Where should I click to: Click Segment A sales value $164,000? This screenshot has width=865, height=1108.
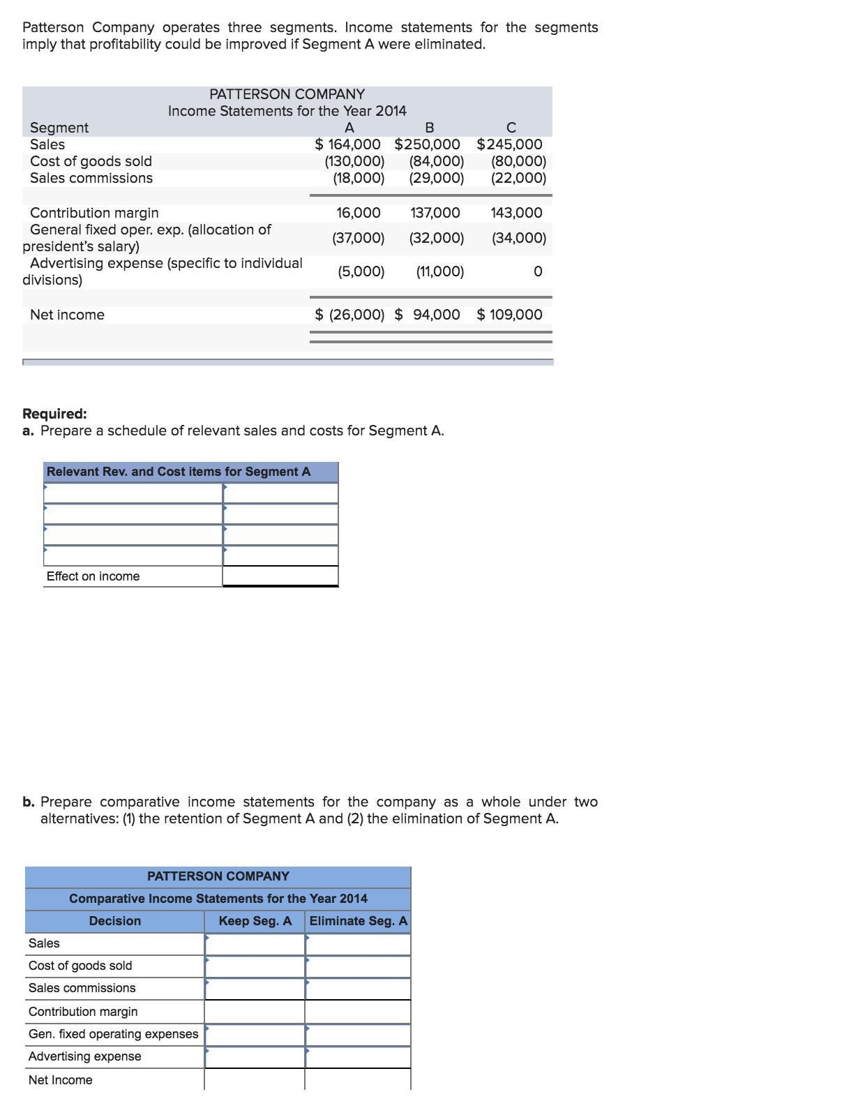pyautogui.click(x=348, y=144)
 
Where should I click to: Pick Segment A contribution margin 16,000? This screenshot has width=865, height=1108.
pyautogui.click(x=359, y=213)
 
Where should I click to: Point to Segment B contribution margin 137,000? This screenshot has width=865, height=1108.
pyautogui.click(x=435, y=213)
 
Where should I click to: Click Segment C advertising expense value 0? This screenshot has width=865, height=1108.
pyautogui.click(x=537, y=271)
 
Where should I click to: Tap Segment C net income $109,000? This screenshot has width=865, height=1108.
pyautogui.click(x=510, y=315)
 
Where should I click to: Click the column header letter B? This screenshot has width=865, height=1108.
pyautogui.click(x=429, y=128)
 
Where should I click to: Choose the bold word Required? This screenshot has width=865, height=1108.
pyautogui.click(x=54, y=414)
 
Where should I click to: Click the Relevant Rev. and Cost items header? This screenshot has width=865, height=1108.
pyautogui.click(x=179, y=472)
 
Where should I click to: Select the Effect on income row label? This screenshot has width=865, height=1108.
pyautogui.click(x=93, y=576)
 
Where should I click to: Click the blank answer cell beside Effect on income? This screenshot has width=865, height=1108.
pyautogui.click(x=280, y=576)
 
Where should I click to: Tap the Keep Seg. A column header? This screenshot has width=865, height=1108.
pyautogui.click(x=255, y=921)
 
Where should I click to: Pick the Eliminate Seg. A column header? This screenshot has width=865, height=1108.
pyautogui.click(x=358, y=921)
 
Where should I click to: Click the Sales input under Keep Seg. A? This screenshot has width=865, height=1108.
pyautogui.click(x=255, y=943)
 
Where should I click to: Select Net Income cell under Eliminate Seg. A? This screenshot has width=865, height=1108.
pyautogui.click(x=358, y=1080)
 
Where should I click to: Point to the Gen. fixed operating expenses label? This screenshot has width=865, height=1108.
pyautogui.click(x=113, y=1034)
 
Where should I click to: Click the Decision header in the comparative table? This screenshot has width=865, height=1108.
pyautogui.click(x=115, y=921)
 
